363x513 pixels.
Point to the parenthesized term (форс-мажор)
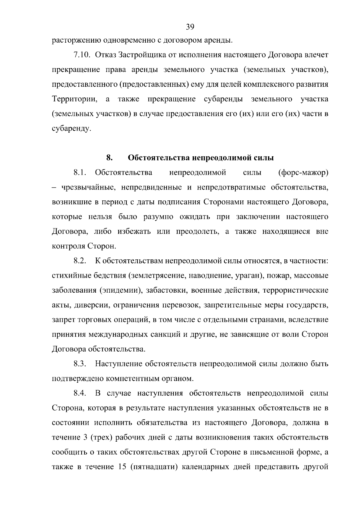point(303,173)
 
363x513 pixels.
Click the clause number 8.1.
point(80,173)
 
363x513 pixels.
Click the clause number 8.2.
point(80,261)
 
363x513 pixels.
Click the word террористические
point(296,291)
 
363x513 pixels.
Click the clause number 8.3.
point(80,364)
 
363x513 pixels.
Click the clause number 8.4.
point(80,393)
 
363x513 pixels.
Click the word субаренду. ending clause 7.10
point(71,129)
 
